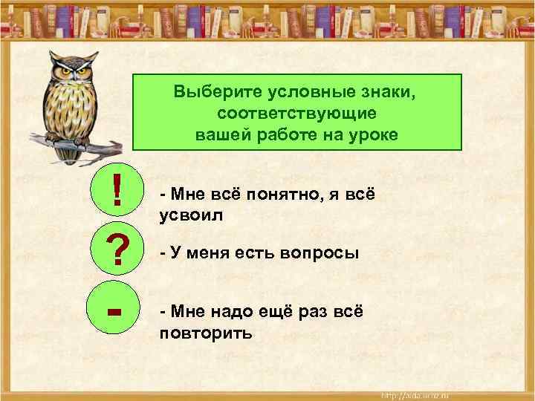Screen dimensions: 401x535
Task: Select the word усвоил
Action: point(191,215)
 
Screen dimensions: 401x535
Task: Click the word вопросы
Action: point(322,253)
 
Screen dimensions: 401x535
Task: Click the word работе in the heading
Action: point(291,135)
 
